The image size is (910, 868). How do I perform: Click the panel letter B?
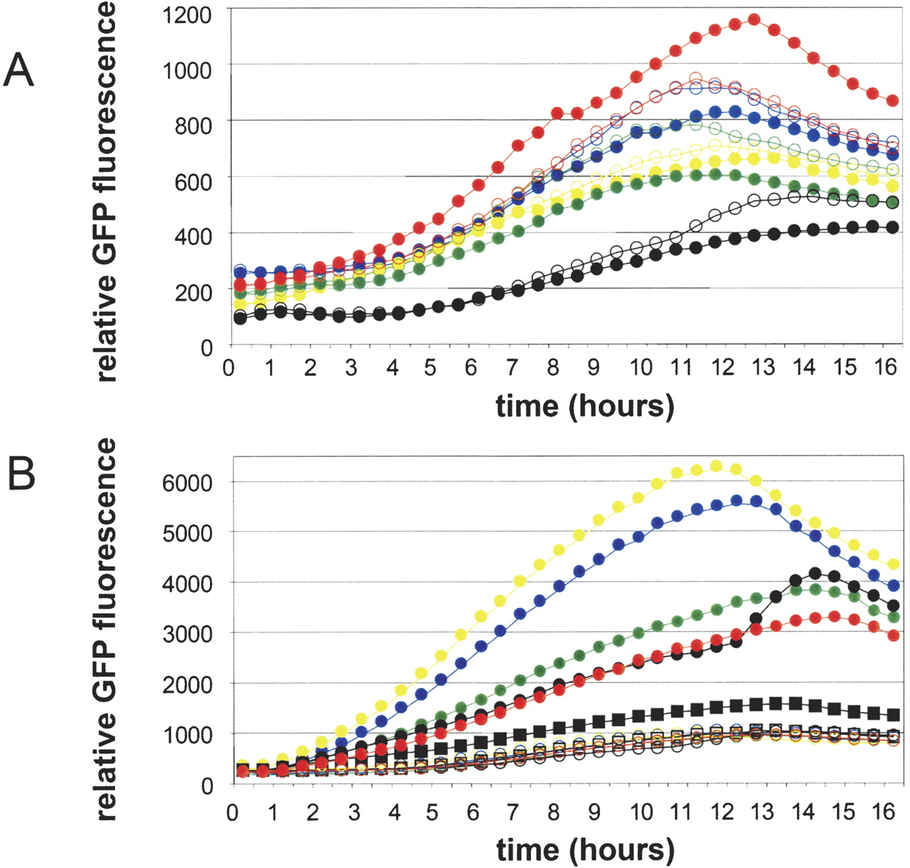21,473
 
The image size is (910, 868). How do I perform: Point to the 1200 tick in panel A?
187,14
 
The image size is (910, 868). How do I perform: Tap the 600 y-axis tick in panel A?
193,181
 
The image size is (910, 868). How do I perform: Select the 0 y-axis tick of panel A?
205,348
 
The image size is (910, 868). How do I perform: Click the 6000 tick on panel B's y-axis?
187,483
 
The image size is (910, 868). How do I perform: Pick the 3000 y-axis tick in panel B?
187,633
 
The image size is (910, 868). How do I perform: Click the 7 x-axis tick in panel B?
513,812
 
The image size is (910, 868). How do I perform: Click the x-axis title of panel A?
584,405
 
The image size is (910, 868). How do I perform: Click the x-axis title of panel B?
584,850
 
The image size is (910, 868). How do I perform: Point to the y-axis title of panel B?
107,629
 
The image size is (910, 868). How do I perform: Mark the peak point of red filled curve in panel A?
754,20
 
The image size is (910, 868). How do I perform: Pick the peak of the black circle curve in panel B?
815,573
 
